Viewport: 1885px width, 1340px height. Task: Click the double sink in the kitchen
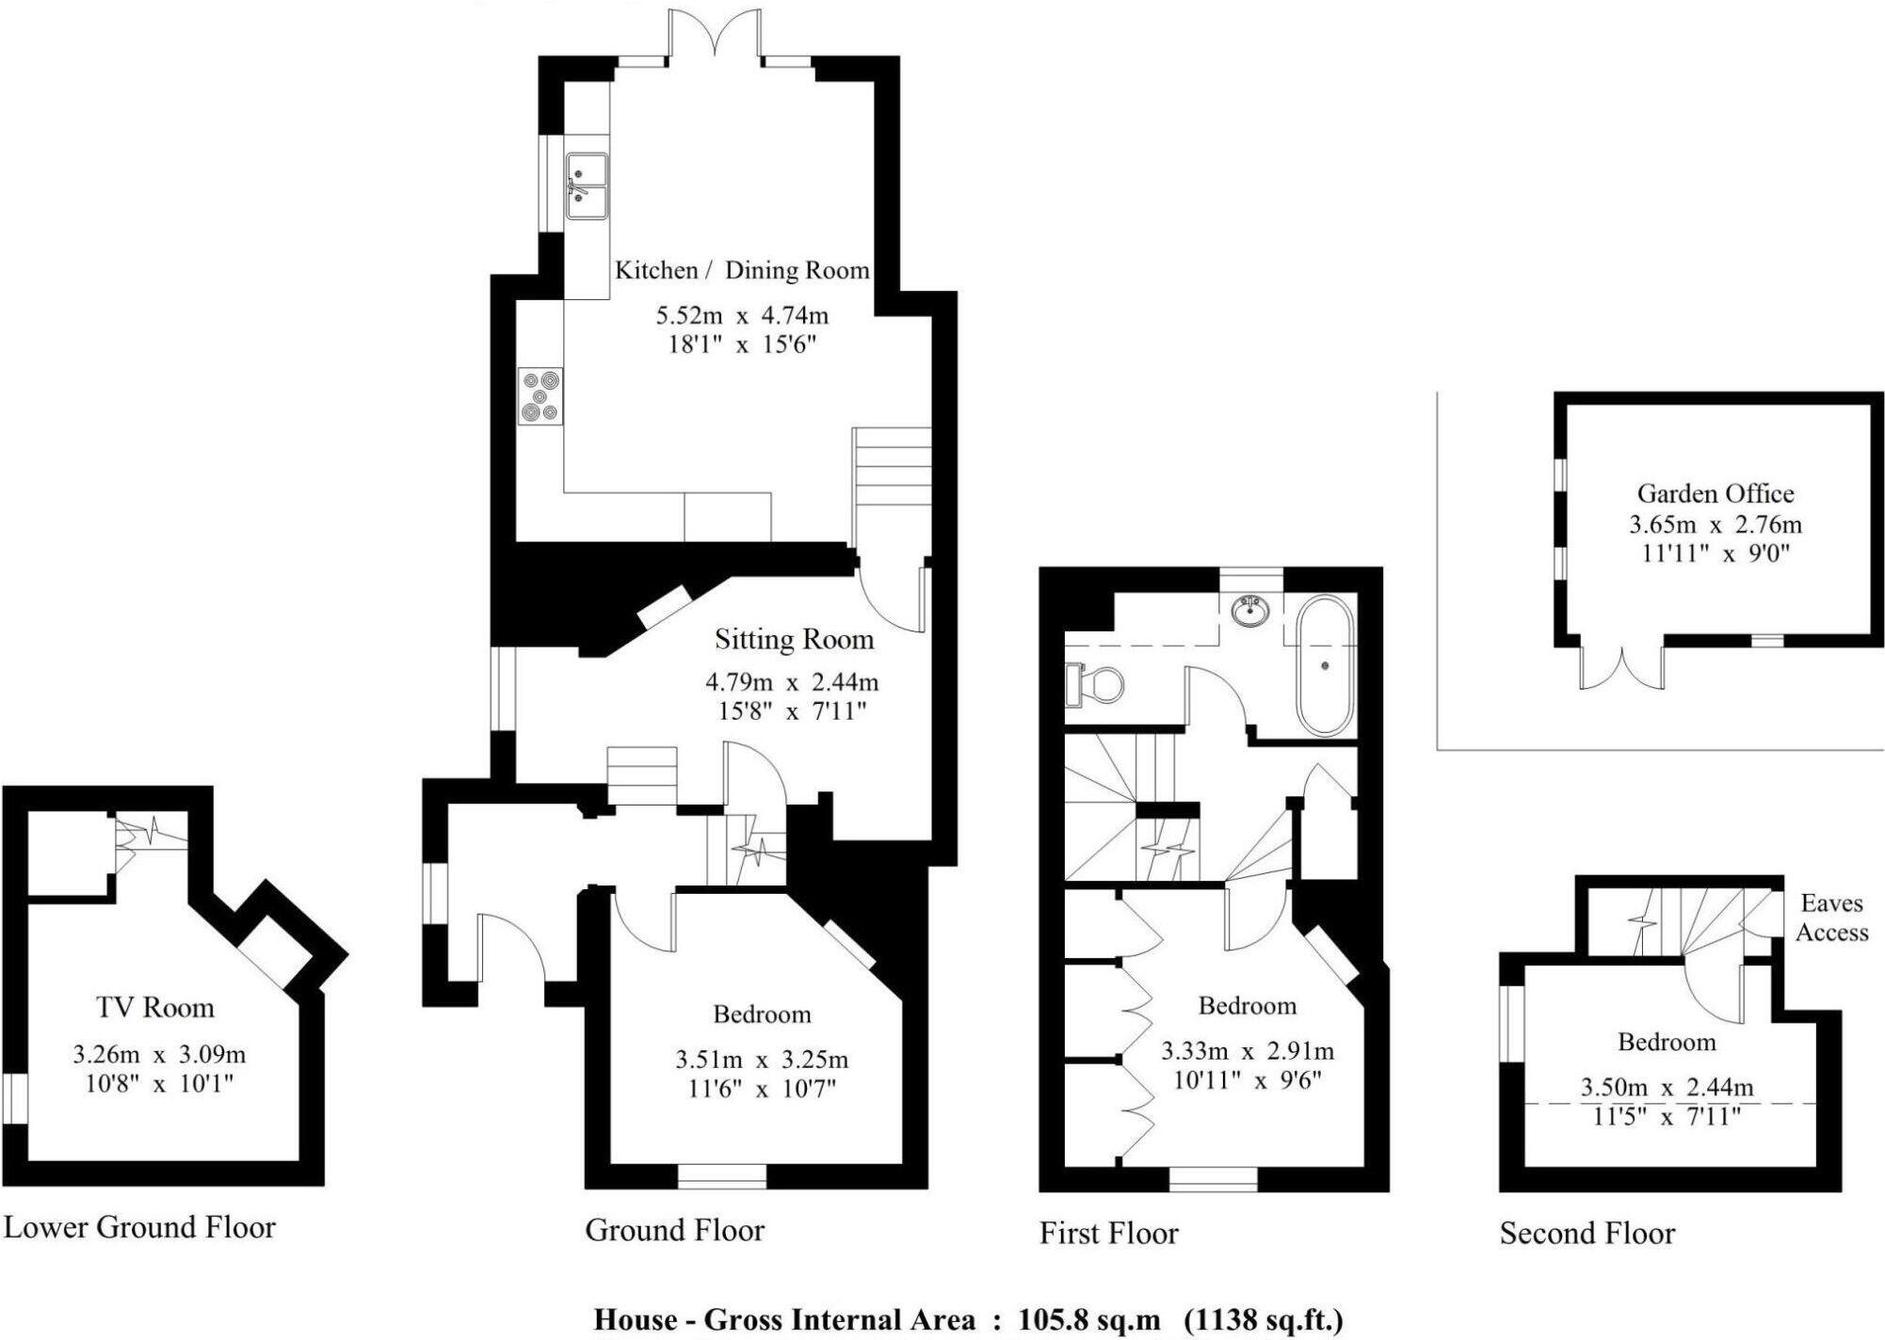587,186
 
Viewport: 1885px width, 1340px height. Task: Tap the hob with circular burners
540,396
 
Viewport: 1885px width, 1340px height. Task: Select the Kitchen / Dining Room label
742,270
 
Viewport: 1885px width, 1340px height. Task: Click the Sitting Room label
794,640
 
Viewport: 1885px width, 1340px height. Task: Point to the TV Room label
155,1008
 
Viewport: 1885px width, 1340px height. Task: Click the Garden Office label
1715,493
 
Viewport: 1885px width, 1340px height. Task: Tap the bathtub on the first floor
1326,664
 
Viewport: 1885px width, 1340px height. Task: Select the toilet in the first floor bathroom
1096,684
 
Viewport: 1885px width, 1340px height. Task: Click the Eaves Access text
1831,917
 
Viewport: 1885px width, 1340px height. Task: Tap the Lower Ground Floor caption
139,1227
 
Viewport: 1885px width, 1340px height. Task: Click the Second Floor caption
1587,1233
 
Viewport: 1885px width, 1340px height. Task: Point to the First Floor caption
1108,1233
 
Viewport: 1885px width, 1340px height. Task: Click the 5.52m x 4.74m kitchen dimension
742,315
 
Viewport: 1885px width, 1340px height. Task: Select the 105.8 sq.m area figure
1088,1319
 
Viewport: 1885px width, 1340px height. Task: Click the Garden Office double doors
1622,669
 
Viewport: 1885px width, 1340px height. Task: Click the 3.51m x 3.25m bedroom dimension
761,1060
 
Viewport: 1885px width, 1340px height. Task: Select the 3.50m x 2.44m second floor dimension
1667,1088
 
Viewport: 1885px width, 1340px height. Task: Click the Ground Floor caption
674,1230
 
